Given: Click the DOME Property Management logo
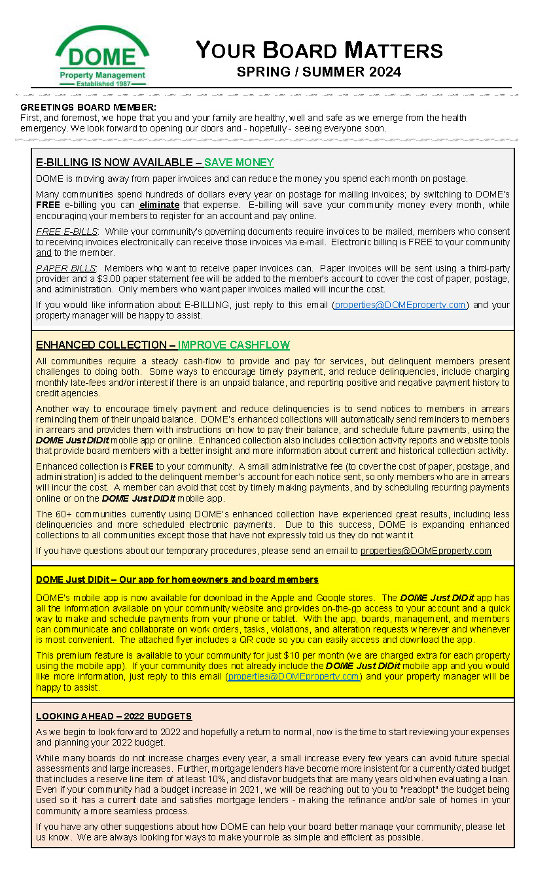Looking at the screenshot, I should click(x=101, y=56).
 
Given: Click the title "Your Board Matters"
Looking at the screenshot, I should click(x=319, y=50).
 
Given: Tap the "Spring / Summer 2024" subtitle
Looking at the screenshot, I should click(x=319, y=71).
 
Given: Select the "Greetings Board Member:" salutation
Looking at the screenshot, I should click(x=88, y=107).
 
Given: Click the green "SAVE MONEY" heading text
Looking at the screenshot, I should click(x=239, y=162).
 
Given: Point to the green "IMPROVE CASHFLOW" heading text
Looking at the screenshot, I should click(x=234, y=345).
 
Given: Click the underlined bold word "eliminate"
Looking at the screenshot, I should click(x=159, y=205).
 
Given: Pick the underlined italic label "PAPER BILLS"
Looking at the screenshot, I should click(x=66, y=268).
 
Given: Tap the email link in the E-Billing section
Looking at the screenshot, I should click(x=400, y=305).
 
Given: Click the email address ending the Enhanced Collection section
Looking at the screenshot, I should click(x=425, y=551).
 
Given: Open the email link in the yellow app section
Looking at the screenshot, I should click(x=293, y=676).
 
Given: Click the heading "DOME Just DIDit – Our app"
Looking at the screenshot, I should click(x=177, y=579).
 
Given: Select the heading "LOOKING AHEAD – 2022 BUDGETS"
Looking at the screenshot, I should click(x=114, y=716).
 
